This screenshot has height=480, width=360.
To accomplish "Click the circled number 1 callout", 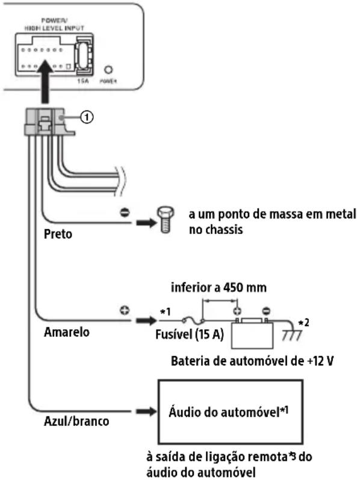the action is [87, 117].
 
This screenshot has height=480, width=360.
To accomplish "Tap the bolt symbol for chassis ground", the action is [166, 220].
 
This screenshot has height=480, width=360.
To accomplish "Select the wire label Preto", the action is [58, 234].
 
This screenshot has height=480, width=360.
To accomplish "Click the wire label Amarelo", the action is [67, 332].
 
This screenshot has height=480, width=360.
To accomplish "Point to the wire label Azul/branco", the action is [76, 421].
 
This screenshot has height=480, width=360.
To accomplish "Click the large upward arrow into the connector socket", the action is [45, 81].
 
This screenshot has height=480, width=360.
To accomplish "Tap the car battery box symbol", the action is [252, 334].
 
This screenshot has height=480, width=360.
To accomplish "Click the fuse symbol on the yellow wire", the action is [194, 321].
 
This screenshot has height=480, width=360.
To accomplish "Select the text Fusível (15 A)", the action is [190, 334].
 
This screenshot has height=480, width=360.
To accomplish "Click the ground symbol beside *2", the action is [292, 335].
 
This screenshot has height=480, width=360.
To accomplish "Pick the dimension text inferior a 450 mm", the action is [219, 288].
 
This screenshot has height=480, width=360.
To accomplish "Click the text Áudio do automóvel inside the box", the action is [224, 413].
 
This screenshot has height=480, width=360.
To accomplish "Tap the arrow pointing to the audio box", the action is [146, 412].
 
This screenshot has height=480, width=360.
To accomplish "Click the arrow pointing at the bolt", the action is [146, 222].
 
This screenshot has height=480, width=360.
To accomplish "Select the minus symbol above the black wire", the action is [125, 212].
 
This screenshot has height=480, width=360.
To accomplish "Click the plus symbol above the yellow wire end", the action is [125, 310].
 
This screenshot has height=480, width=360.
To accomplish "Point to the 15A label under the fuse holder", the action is [82, 81].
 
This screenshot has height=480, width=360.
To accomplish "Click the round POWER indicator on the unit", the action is [108, 70].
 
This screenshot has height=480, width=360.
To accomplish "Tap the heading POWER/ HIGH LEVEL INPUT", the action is [54, 25].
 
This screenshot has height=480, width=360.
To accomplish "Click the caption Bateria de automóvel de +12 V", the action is [252, 361].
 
